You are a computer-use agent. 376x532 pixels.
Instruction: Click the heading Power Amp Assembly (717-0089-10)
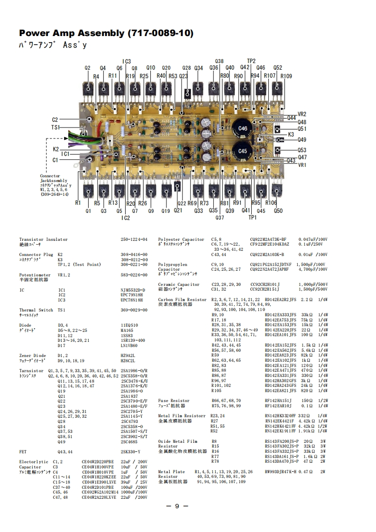coord(106,33)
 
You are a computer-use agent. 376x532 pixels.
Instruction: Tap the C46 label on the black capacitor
coord(243,128)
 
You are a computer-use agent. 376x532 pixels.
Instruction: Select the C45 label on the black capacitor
coord(243,151)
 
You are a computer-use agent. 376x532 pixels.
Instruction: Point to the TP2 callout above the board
coord(251,61)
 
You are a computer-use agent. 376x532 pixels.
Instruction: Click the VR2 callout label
coord(302,114)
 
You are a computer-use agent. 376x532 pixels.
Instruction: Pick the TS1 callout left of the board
coord(55,128)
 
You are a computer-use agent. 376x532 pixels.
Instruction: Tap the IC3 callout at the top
coord(127,62)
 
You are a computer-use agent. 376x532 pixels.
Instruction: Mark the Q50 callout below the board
coord(278,211)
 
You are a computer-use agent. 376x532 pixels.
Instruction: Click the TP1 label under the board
coord(252,218)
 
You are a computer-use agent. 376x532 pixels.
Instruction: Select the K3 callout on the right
coord(291,134)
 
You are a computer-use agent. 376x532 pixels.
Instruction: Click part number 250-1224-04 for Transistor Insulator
coord(134,239)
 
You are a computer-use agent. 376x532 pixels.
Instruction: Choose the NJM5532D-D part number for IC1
coord(133,290)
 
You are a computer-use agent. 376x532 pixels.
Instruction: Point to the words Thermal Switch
coord(36,310)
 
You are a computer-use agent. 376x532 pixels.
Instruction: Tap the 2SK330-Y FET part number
coord(131,451)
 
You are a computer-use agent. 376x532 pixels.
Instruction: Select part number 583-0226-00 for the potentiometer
coord(134,275)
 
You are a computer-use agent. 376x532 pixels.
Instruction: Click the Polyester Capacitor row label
coord(181,239)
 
